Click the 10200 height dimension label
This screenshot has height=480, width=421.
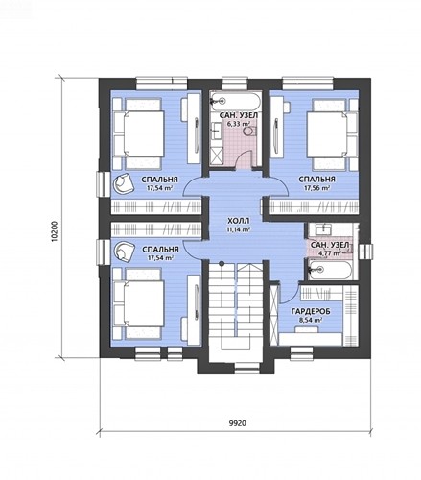55,231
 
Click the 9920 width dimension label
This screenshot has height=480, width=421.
238,423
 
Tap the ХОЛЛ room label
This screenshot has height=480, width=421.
238,221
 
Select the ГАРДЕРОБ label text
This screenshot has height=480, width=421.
311,311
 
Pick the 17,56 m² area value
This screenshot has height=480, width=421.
316,188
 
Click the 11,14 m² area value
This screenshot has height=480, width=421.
238,229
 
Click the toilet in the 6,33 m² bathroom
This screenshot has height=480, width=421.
250,132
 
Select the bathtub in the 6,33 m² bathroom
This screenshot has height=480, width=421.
235,101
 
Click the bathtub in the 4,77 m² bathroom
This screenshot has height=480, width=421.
331,270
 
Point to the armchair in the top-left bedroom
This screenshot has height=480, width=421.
123,183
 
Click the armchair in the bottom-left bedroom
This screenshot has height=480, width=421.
124,251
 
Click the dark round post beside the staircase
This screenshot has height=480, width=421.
222,263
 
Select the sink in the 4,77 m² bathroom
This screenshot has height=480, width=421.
324,229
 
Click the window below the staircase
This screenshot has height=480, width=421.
247,368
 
